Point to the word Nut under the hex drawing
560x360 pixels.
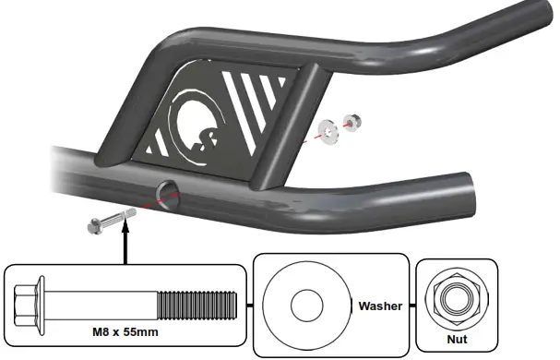(457, 340)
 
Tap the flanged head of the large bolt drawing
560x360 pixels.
(30, 300)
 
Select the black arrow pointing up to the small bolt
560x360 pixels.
(125, 243)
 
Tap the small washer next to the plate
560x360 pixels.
(328, 127)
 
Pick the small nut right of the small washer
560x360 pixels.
(351, 121)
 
